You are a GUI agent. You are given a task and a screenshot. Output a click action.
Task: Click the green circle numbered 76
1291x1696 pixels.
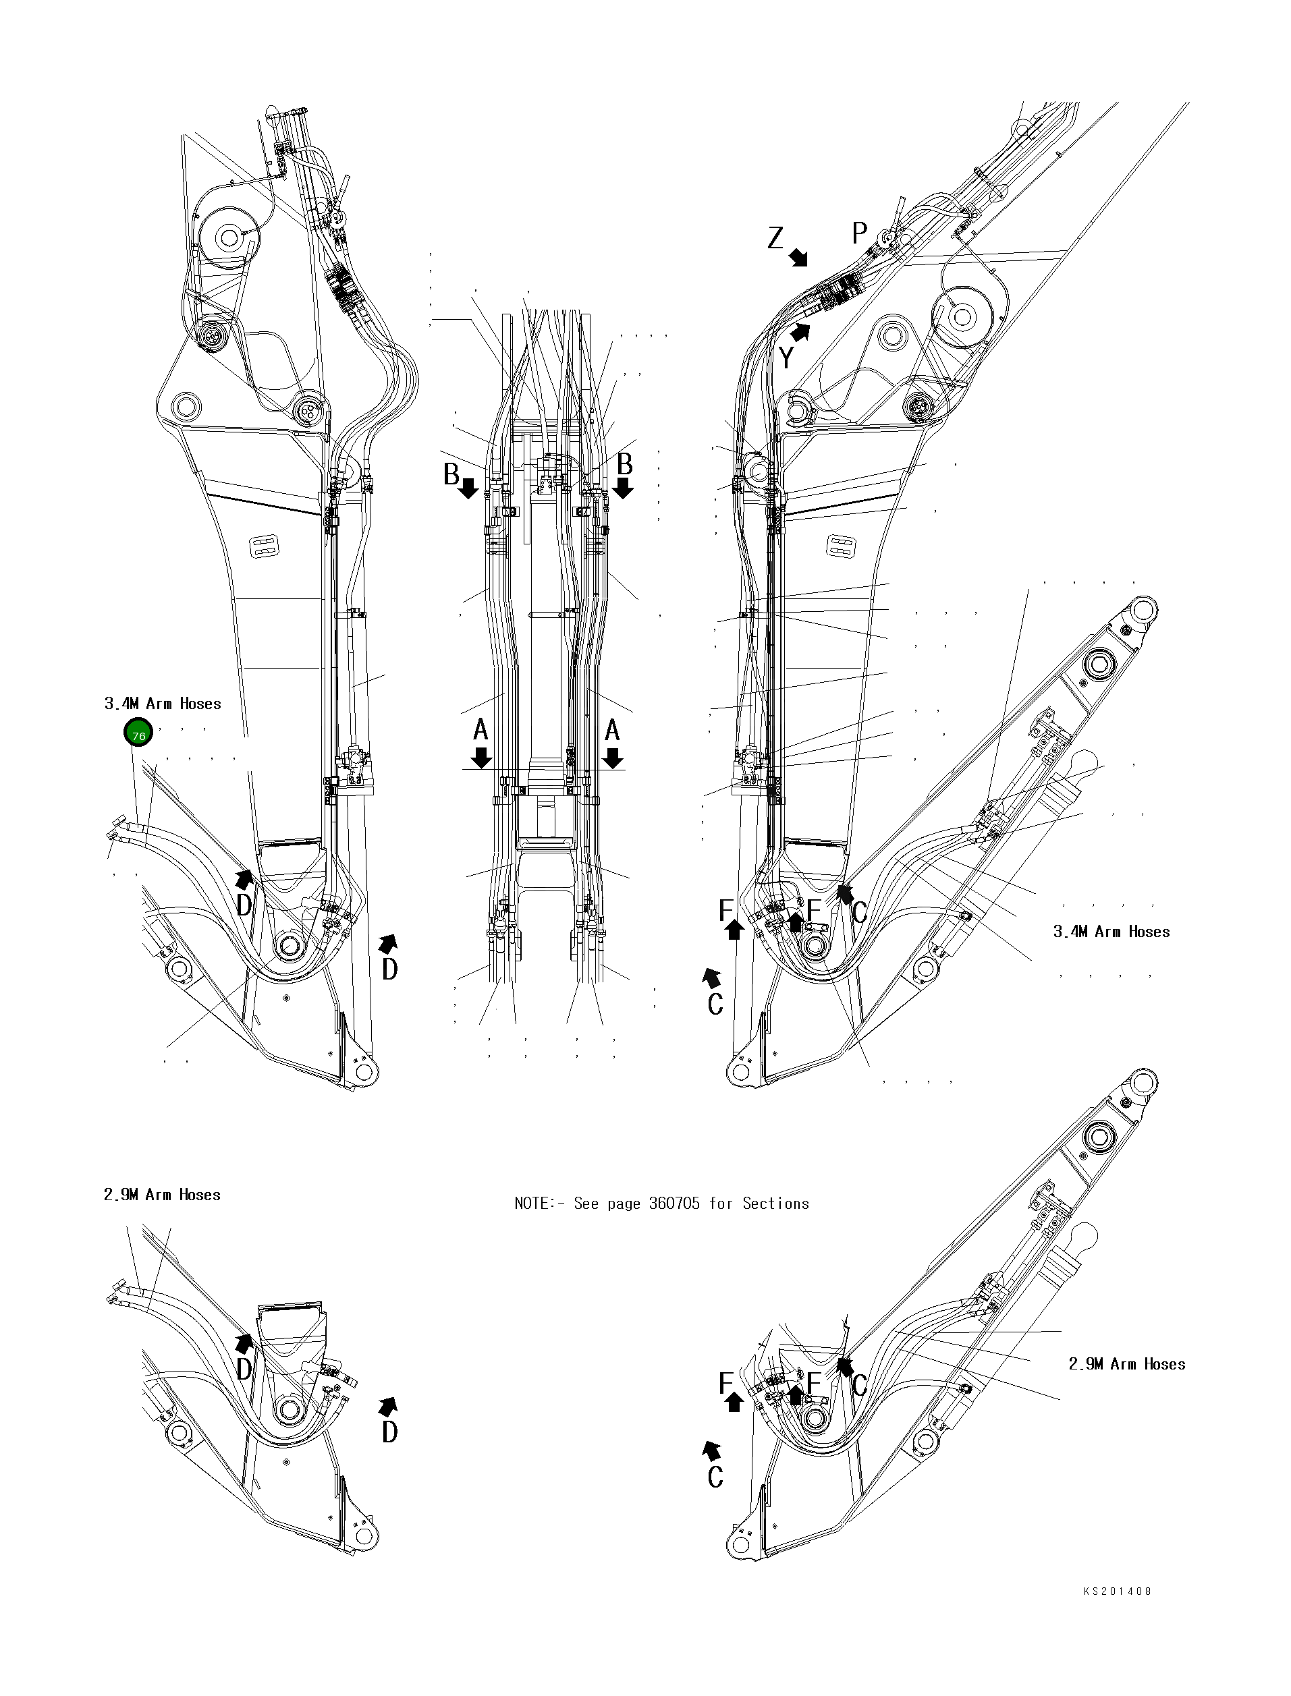[138, 733]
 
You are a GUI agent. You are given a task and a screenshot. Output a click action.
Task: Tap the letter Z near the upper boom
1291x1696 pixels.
[776, 239]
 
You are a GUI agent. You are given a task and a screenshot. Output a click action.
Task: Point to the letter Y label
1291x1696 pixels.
[786, 358]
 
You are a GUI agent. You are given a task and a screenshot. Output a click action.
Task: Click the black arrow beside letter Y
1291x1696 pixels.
[801, 332]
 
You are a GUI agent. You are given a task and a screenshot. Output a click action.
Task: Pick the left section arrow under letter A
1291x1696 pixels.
[482, 758]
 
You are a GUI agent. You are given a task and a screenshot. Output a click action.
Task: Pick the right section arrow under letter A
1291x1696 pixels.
[613, 758]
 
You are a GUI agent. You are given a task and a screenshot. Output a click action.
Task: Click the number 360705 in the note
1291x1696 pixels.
[675, 1204]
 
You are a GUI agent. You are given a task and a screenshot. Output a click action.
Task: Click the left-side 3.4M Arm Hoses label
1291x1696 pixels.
[163, 704]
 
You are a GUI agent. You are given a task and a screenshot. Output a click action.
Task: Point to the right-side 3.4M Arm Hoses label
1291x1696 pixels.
[1111, 932]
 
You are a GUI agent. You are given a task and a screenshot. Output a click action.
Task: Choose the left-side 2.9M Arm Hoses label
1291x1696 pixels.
[162, 1195]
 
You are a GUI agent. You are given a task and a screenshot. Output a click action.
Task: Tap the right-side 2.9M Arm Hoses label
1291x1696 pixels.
[1126, 1364]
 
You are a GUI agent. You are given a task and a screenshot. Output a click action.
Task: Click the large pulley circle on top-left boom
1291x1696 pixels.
[227, 237]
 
